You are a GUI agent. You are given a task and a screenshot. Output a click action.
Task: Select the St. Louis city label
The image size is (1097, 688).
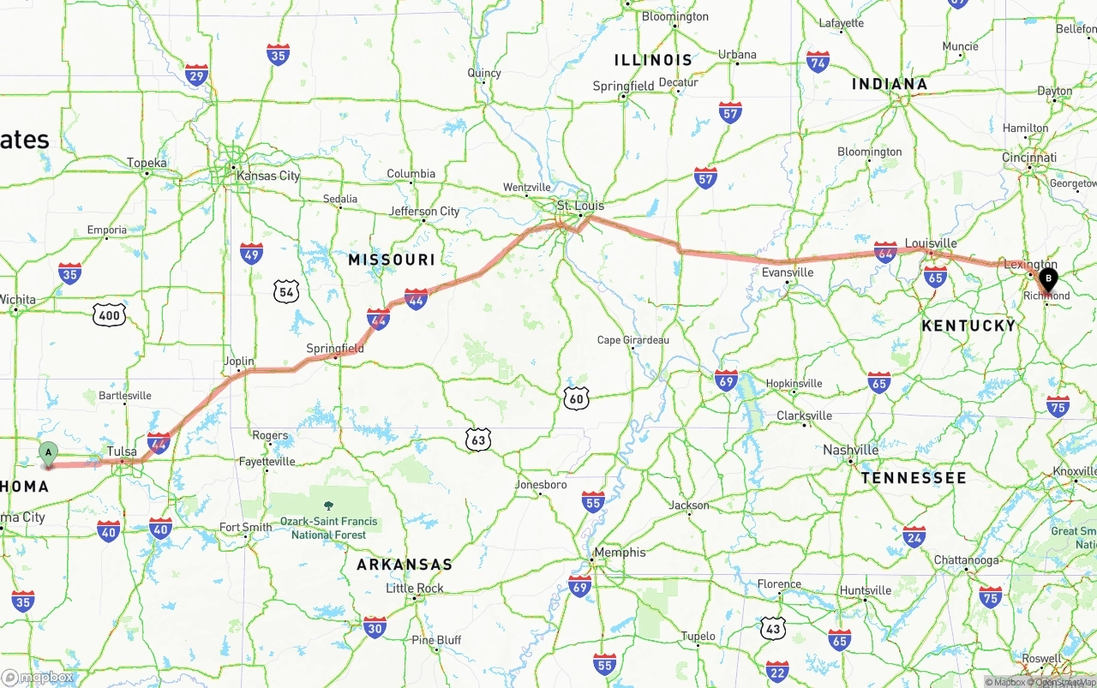point(580,206)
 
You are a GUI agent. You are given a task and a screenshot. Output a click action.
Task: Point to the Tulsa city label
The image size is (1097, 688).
point(123,451)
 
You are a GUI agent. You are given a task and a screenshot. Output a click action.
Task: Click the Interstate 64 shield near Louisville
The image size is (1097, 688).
point(885,251)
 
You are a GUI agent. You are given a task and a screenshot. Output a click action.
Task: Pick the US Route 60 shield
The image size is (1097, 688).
point(576,398)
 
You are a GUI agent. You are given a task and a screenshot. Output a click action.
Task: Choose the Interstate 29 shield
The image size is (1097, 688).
point(196,75)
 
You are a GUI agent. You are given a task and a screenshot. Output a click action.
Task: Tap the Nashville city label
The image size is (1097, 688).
point(850,450)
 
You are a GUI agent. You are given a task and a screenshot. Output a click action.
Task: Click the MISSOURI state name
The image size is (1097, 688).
point(392,259)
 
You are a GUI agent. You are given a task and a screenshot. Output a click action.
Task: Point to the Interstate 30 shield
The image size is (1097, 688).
point(375,626)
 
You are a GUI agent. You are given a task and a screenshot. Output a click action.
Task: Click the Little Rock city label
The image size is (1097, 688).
point(415,588)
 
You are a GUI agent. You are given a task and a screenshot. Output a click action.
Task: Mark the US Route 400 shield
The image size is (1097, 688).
point(110,315)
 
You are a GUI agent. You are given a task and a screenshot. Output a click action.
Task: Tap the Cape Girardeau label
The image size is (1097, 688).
point(633,340)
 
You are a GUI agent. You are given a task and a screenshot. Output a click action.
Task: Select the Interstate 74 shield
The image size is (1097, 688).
point(818,62)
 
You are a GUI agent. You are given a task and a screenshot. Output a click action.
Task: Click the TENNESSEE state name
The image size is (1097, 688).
point(914,477)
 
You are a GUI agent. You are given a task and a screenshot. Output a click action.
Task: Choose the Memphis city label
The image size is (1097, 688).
point(620,553)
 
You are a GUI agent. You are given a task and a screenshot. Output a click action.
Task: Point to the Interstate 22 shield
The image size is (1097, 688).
point(777,671)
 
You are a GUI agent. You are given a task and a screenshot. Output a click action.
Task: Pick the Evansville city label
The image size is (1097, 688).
point(788,272)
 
